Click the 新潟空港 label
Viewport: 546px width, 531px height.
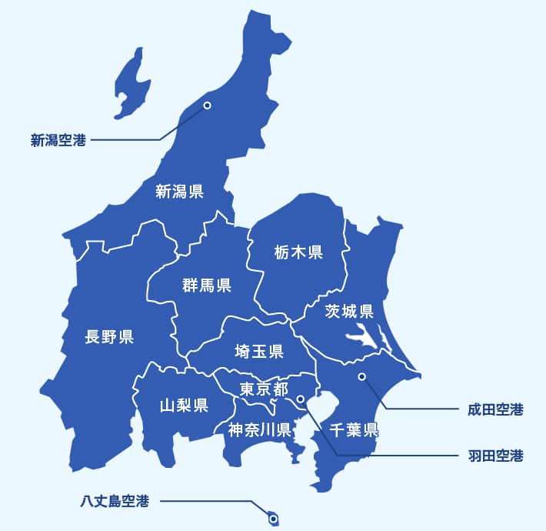(58, 140)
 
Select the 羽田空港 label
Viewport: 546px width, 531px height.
(494, 456)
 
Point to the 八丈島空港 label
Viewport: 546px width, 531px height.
(114, 502)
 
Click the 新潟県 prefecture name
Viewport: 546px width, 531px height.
(179, 192)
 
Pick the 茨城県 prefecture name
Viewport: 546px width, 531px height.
(348, 312)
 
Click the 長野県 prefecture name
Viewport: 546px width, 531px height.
(109, 336)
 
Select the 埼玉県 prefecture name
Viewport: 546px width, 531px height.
(259, 352)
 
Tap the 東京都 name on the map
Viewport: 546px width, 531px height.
(263, 389)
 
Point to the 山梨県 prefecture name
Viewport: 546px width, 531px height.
(184, 406)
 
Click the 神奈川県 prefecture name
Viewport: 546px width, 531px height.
(258, 429)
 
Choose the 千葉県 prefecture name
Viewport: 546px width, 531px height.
(354, 429)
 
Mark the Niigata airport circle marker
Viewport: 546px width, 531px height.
(206, 105)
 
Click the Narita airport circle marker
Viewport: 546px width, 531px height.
(361, 376)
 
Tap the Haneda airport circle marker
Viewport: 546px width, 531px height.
(300, 399)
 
